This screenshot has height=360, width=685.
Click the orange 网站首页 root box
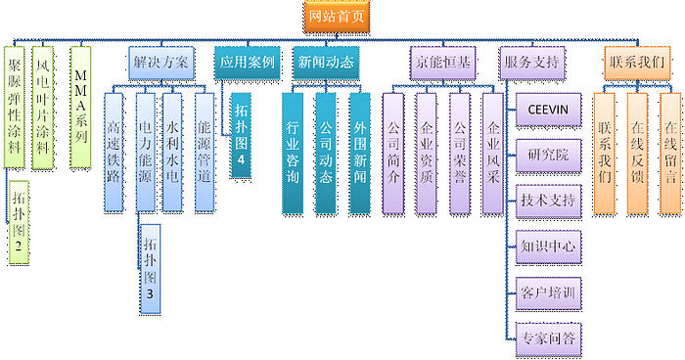338,16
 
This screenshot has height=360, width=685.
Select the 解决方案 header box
162,61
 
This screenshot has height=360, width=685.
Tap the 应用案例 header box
247,61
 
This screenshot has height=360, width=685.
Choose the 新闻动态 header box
326,61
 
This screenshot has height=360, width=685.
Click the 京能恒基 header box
438,61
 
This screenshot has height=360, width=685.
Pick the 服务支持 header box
532,61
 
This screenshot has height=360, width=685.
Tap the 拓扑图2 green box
20,223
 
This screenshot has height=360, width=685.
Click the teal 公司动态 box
326,152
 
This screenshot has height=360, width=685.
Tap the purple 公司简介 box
393,152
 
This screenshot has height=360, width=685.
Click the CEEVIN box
549,110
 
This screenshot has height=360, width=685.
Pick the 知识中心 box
549,245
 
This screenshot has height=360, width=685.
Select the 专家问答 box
549,337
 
